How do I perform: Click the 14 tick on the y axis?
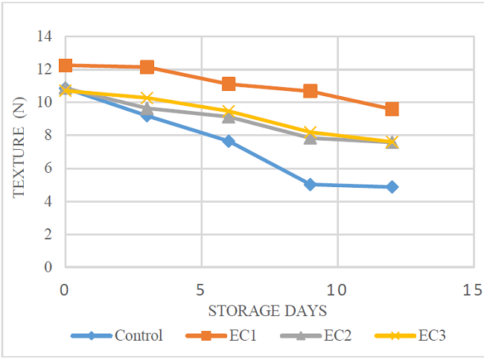(47, 37)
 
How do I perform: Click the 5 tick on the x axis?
(201, 288)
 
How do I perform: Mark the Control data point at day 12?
(392, 187)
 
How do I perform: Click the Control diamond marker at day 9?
(311, 184)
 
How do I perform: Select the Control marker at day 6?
(229, 141)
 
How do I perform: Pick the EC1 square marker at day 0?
(66, 66)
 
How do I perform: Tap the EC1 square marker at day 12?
(392, 109)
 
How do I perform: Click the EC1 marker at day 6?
(229, 84)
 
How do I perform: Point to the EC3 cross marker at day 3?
(147, 98)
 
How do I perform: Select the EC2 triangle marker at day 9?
(311, 137)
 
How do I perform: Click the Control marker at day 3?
(147, 116)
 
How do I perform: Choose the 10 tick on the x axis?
(337, 288)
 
